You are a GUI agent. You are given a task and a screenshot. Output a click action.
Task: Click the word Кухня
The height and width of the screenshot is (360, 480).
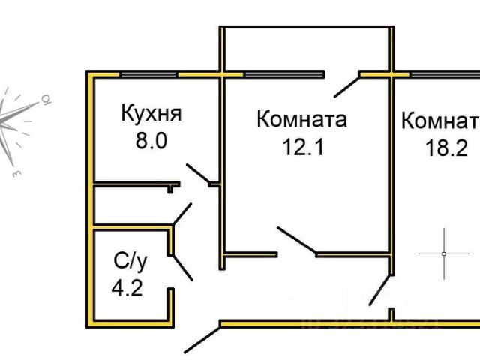coord(151,114)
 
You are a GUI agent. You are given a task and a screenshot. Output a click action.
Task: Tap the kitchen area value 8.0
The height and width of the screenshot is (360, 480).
coord(150,142)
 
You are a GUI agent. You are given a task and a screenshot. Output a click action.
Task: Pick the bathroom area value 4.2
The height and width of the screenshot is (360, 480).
coord(127,289)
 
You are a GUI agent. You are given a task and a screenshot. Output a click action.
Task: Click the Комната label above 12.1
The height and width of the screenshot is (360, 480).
coord(301,120)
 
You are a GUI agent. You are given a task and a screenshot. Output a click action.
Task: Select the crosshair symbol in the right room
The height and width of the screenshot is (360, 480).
coord(444,253)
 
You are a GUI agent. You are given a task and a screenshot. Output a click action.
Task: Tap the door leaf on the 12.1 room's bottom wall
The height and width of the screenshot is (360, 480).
coord(297,239)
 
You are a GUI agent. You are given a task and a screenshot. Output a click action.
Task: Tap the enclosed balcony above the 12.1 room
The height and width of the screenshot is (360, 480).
coord(306,49)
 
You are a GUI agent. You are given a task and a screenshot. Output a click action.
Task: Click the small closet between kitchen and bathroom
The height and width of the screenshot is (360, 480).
coord(131,203)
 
